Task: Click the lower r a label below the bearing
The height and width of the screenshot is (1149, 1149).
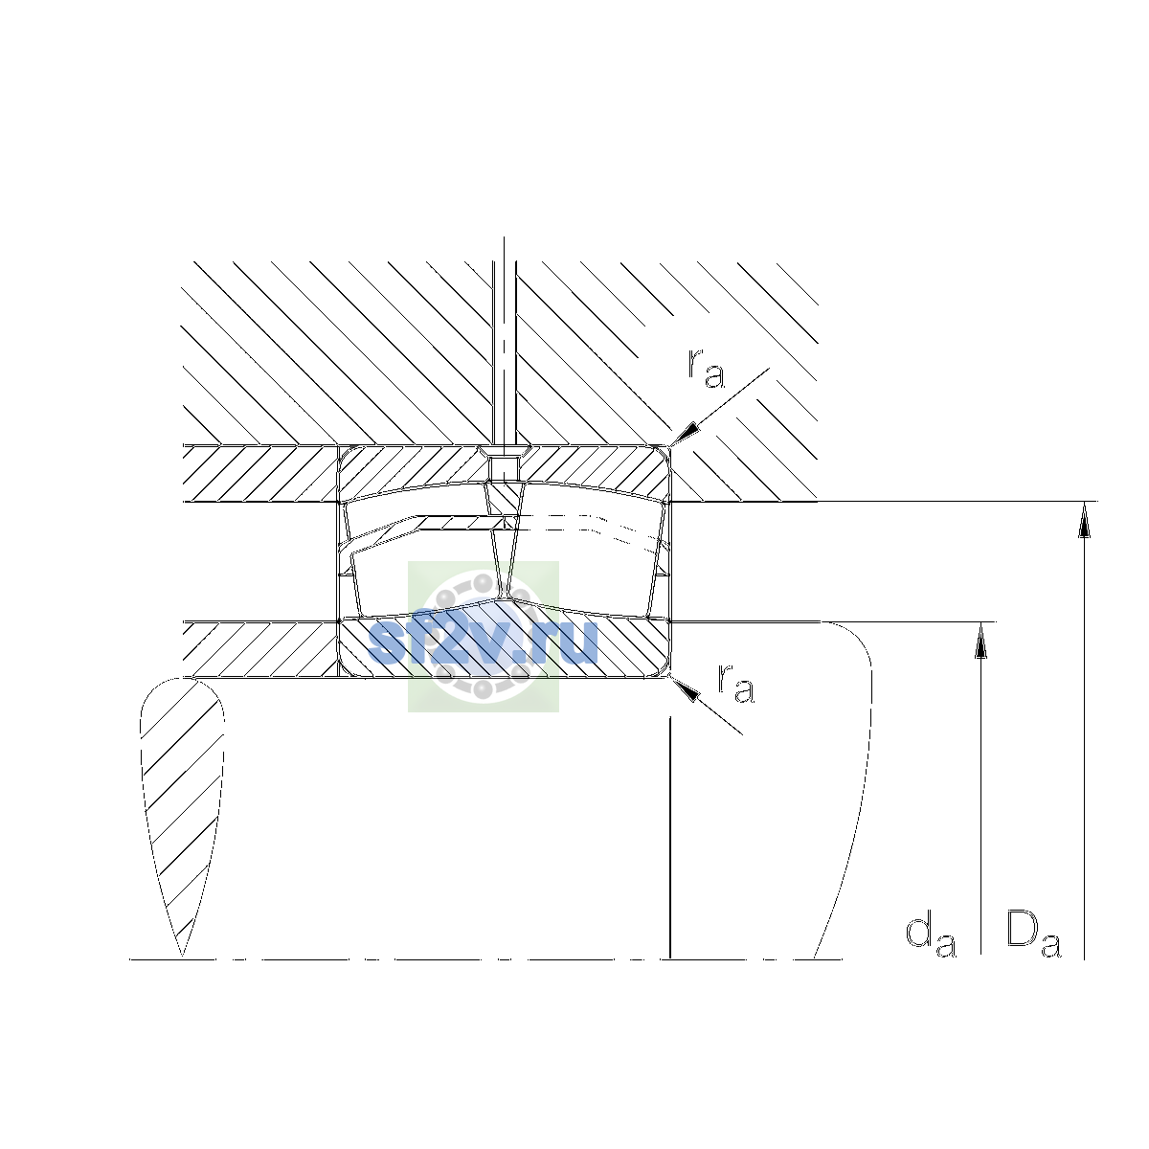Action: pyautogui.click(x=735, y=684)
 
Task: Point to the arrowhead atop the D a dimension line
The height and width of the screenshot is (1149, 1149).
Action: pyautogui.click(x=1084, y=519)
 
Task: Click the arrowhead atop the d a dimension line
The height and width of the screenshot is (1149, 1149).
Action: pyautogui.click(x=980, y=640)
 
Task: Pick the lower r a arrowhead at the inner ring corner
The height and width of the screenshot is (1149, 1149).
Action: pyautogui.click(x=685, y=689)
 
